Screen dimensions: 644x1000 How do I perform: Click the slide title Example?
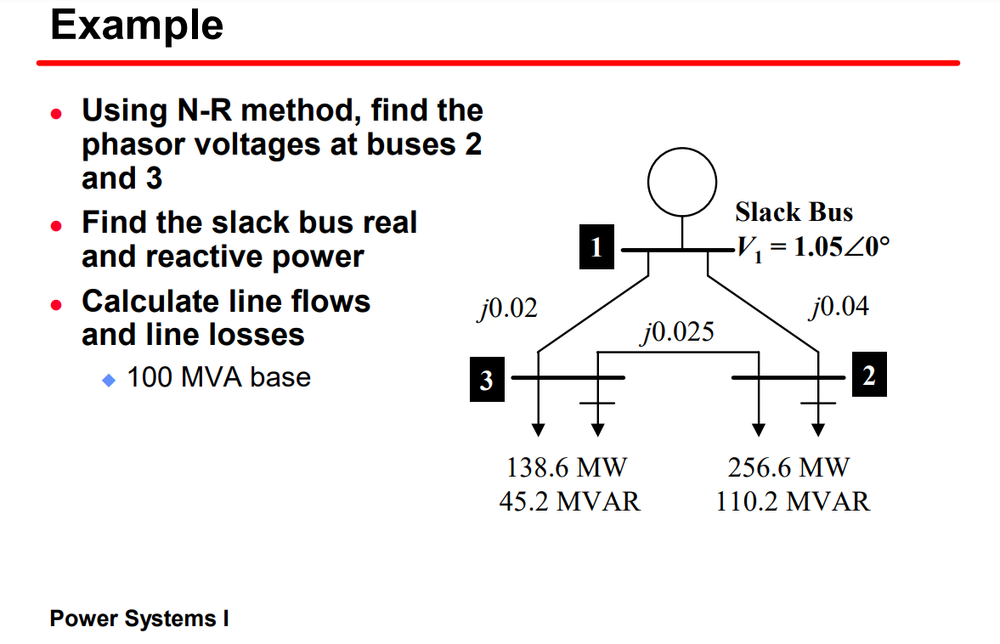click(x=137, y=25)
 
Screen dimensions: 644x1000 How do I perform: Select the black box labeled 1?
click(x=596, y=247)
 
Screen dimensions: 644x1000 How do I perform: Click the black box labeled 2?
click(x=868, y=376)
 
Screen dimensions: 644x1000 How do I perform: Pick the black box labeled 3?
click(x=486, y=379)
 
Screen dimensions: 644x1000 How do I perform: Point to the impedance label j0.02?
click(x=507, y=309)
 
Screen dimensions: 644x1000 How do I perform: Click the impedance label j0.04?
click(x=839, y=307)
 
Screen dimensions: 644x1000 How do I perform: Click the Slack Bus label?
click(x=794, y=212)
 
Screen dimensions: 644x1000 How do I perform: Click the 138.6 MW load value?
click(x=567, y=467)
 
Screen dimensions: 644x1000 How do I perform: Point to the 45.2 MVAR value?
click(x=569, y=501)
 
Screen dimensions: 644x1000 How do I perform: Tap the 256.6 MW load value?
click(x=788, y=467)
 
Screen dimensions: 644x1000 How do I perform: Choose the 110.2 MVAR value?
click(x=793, y=501)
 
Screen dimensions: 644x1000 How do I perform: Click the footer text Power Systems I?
click(x=139, y=619)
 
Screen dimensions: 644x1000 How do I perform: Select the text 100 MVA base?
click(x=218, y=377)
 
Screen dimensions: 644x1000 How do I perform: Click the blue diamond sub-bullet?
click(x=108, y=379)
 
